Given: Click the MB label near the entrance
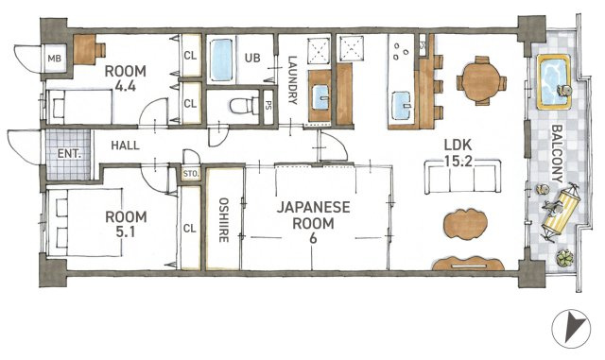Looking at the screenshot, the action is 55,59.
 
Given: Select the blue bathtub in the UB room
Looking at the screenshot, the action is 222,60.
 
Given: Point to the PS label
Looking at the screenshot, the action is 268,105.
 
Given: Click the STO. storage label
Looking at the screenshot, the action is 191,174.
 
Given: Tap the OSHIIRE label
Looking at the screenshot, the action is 223,220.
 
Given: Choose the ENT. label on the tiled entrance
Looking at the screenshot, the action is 69,154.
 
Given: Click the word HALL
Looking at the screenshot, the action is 126,146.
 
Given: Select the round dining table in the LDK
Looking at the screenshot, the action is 481,81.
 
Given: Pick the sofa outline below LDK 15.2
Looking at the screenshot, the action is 462,178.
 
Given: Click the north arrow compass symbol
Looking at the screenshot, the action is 571,329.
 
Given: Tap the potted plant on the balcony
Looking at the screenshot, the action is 564,258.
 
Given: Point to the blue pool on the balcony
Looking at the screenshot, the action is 554,82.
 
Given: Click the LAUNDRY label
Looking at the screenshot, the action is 293,80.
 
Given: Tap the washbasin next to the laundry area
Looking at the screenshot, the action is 320,97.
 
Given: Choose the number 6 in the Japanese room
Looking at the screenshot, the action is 313,238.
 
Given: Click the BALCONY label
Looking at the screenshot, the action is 557,153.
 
